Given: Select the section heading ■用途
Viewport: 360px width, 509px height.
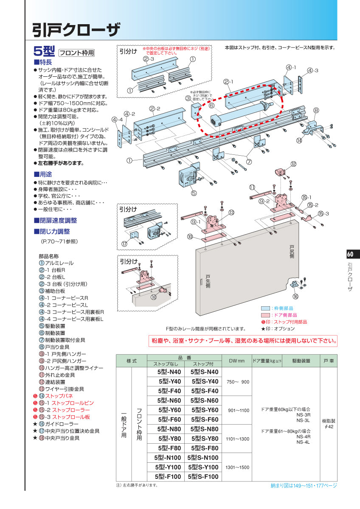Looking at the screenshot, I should (43, 174).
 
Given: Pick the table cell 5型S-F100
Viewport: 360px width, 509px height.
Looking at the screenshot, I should (204, 477).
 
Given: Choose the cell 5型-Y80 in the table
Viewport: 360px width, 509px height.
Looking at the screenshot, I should (169, 439).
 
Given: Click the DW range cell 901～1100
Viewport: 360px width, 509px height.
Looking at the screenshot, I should (238, 410).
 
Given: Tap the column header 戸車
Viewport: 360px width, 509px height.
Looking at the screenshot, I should (329, 361).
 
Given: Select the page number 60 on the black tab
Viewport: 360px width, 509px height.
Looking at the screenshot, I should (350, 255).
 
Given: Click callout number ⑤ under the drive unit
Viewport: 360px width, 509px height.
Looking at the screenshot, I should (194, 193).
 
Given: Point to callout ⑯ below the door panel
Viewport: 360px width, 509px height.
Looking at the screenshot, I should (295, 296).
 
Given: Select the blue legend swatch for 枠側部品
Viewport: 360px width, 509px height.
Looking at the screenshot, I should (265, 308).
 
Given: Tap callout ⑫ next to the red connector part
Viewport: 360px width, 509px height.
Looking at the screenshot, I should (293, 164).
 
